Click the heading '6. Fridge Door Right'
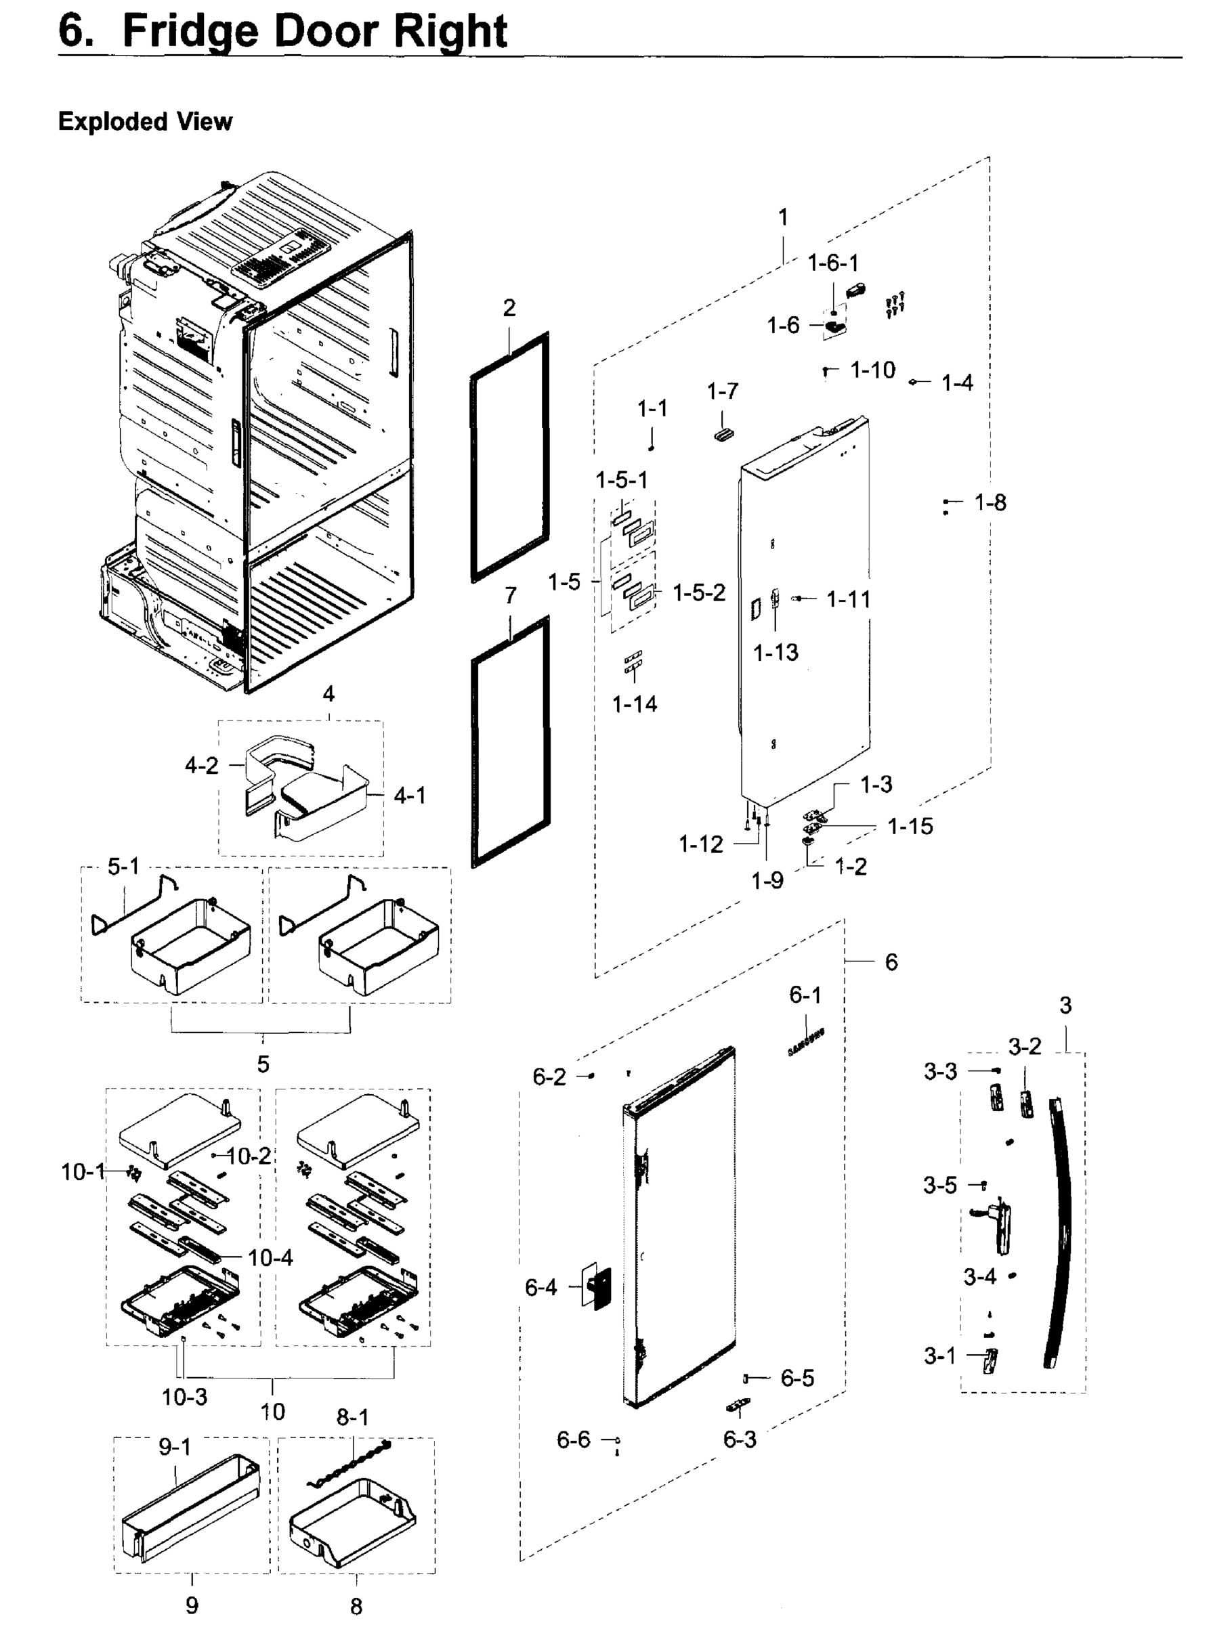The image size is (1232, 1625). pyautogui.click(x=283, y=31)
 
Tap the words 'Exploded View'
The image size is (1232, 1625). pyautogui.click(x=145, y=121)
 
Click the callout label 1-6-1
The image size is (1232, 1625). pyautogui.click(x=832, y=262)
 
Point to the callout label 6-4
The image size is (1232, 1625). pyautogui.click(x=540, y=1287)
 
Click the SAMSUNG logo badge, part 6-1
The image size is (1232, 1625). pyautogui.click(x=805, y=1042)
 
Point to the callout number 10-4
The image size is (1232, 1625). pyautogui.click(x=270, y=1258)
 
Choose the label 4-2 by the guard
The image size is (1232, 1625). pyautogui.click(x=201, y=766)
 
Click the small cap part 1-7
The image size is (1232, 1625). pyautogui.click(x=723, y=434)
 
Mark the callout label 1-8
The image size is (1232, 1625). pyautogui.click(x=990, y=502)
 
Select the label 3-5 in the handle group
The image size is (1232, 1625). pyautogui.click(x=939, y=1185)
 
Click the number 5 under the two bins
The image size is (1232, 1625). pyautogui.click(x=263, y=1063)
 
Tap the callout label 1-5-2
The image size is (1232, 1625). pyautogui.click(x=699, y=592)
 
